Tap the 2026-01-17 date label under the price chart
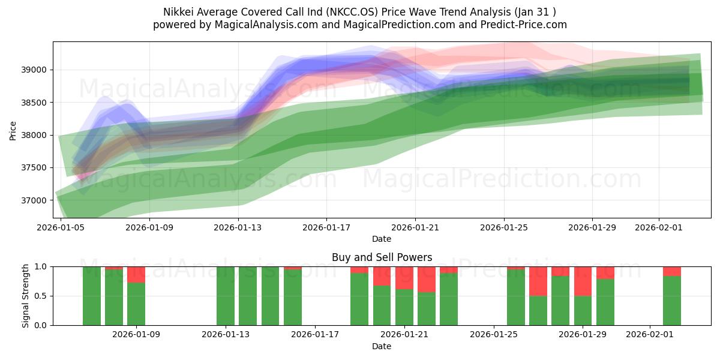pos(326,228)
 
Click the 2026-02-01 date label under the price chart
pos(659,228)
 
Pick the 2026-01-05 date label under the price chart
pos(61,228)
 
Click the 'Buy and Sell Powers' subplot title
pos(382,257)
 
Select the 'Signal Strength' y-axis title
pos(26,296)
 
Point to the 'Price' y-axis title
pos(13,130)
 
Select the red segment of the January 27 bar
pos(538,281)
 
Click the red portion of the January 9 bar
pos(136,274)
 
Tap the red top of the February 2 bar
pos(672,271)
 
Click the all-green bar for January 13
pos(226,296)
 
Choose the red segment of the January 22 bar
pos(427,279)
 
